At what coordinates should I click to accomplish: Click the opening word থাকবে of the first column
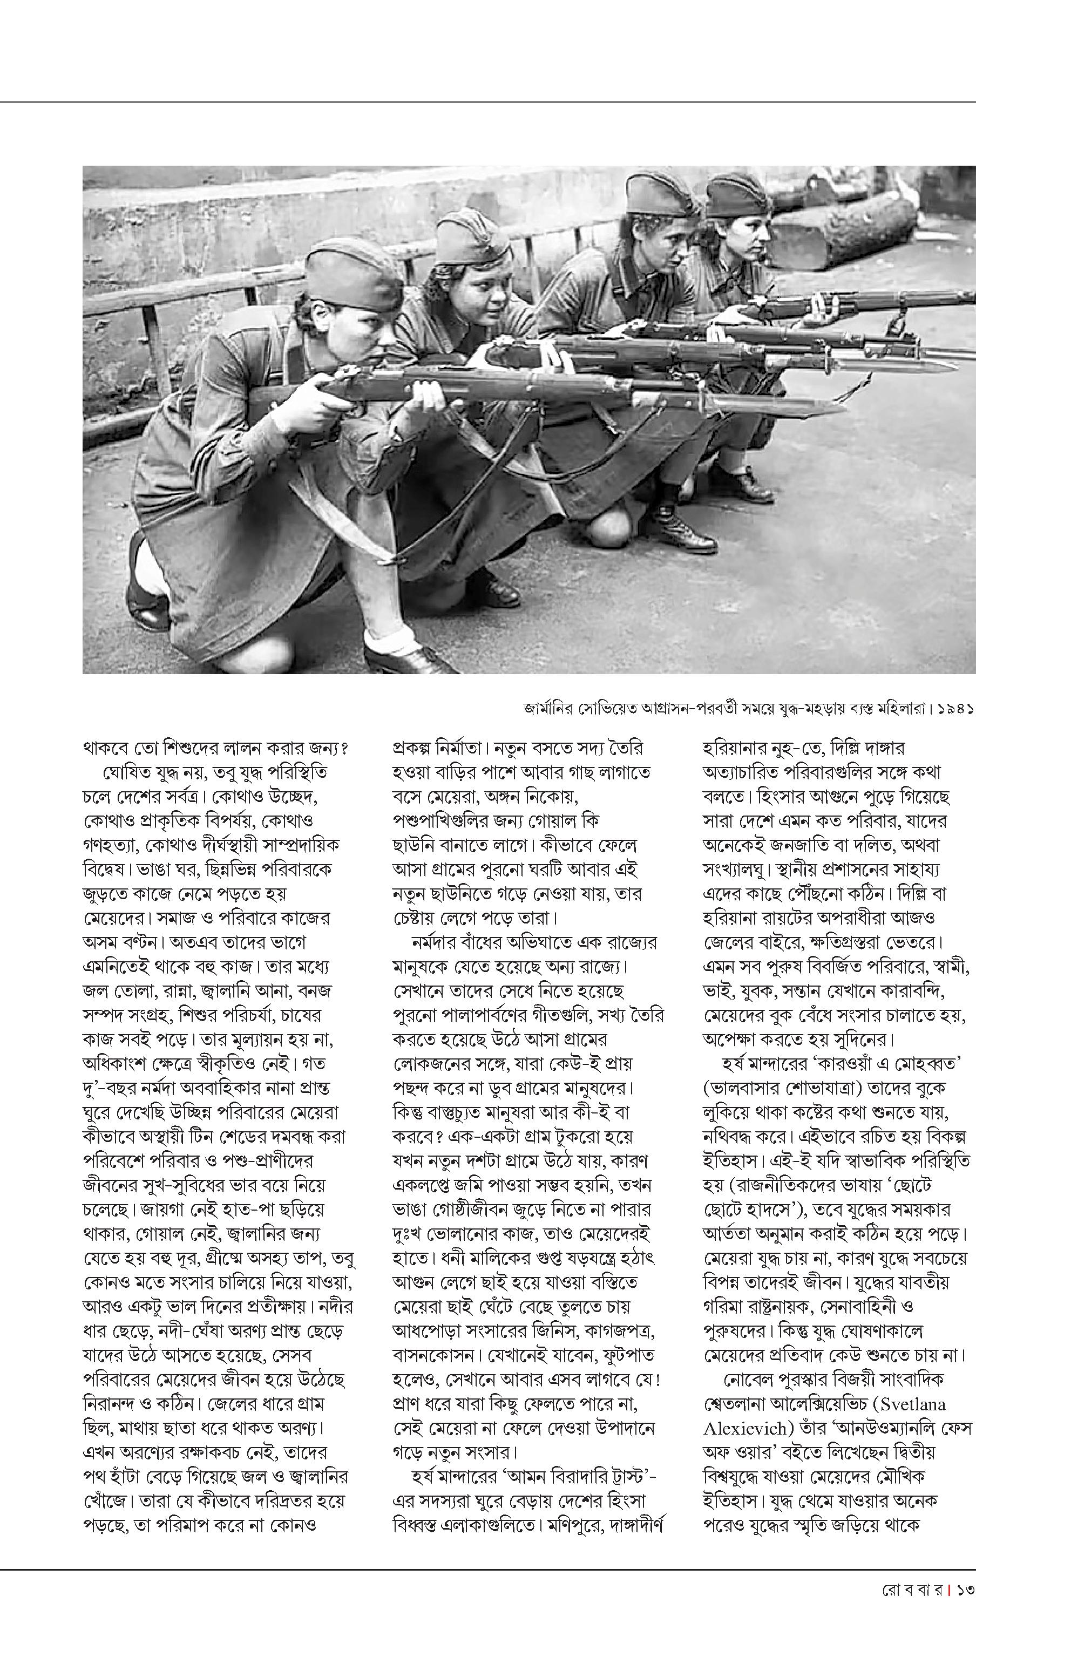[109, 749]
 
